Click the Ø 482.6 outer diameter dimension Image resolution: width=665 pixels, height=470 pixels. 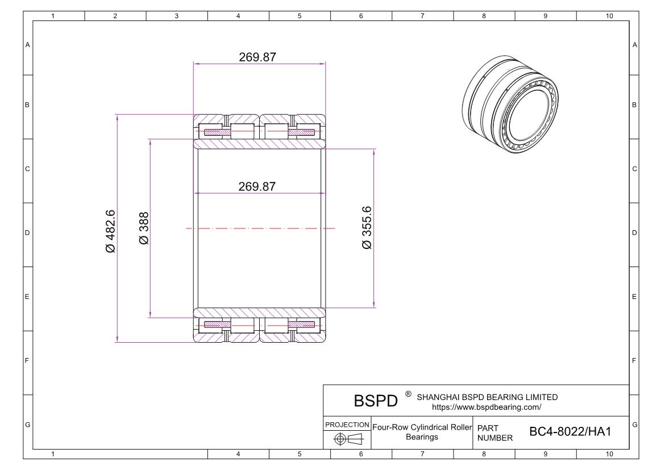pos(110,231)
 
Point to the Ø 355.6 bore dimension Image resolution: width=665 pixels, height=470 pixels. pos(367,228)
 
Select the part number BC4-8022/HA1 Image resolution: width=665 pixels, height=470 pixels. pos(570,432)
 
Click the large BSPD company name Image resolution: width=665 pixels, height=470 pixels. pos(376,402)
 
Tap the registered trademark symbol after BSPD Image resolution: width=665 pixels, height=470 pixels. pos(408,394)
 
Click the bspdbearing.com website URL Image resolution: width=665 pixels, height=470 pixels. pos(487,407)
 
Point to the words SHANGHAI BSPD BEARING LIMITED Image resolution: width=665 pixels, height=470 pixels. pos(487,397)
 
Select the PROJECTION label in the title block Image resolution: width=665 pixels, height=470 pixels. pos(347,425)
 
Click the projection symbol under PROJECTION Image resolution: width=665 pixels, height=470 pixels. pos(347,439)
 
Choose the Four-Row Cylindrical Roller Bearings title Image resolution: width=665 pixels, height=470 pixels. pos(422,432)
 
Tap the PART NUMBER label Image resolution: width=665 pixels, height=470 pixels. pos(495,432)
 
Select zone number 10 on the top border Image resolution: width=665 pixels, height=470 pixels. pos(609,16)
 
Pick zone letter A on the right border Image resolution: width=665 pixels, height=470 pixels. pos(634,45)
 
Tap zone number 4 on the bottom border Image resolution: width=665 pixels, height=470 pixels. pos(238,454)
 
